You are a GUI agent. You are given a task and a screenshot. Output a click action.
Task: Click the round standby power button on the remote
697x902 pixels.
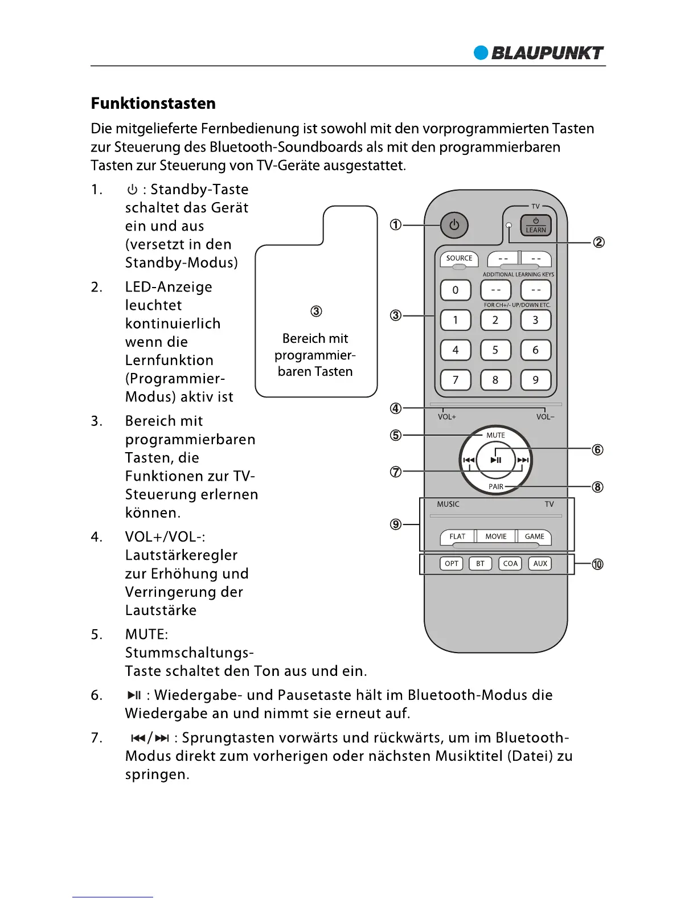[x=454, y=225]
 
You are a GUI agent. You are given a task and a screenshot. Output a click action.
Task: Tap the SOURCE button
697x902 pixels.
[x=459, y=259]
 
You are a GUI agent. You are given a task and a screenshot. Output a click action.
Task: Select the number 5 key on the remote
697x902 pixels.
[x=495, y=350]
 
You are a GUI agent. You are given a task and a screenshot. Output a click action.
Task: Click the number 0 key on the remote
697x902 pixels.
[x=456, y=290]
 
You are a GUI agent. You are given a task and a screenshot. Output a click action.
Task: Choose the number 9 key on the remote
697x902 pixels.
[x=535, y=380]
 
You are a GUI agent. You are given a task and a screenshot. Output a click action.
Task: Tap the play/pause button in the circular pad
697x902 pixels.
[x=495, y=460]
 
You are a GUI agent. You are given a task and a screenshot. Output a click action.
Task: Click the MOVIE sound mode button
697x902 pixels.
[x=495, y=536]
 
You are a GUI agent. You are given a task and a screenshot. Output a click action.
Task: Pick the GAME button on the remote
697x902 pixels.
[x=535, y=536]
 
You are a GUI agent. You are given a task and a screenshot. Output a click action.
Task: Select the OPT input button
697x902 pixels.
[x=452, y=564]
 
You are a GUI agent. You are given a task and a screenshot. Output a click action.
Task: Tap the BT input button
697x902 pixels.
[x=481, y=564]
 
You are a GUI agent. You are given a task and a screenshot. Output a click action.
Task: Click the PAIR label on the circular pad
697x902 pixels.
[x=496, y=487]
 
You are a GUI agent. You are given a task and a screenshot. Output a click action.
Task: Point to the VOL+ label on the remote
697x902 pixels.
[x=447, y=417]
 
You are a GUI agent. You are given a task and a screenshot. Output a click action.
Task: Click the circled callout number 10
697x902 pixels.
[x=597, y=564]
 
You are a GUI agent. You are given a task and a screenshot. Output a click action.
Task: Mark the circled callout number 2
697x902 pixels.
[x=599, y=243]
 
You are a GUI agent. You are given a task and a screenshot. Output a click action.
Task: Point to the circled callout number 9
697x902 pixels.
[x=396, y=524]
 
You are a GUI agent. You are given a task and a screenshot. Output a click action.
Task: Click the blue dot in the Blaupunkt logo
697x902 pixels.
[x=481, y=53]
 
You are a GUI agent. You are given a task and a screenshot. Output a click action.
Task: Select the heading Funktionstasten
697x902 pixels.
[x=153, y=104]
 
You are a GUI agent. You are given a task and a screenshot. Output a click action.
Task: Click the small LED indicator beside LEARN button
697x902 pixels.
[x=509, y=225]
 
